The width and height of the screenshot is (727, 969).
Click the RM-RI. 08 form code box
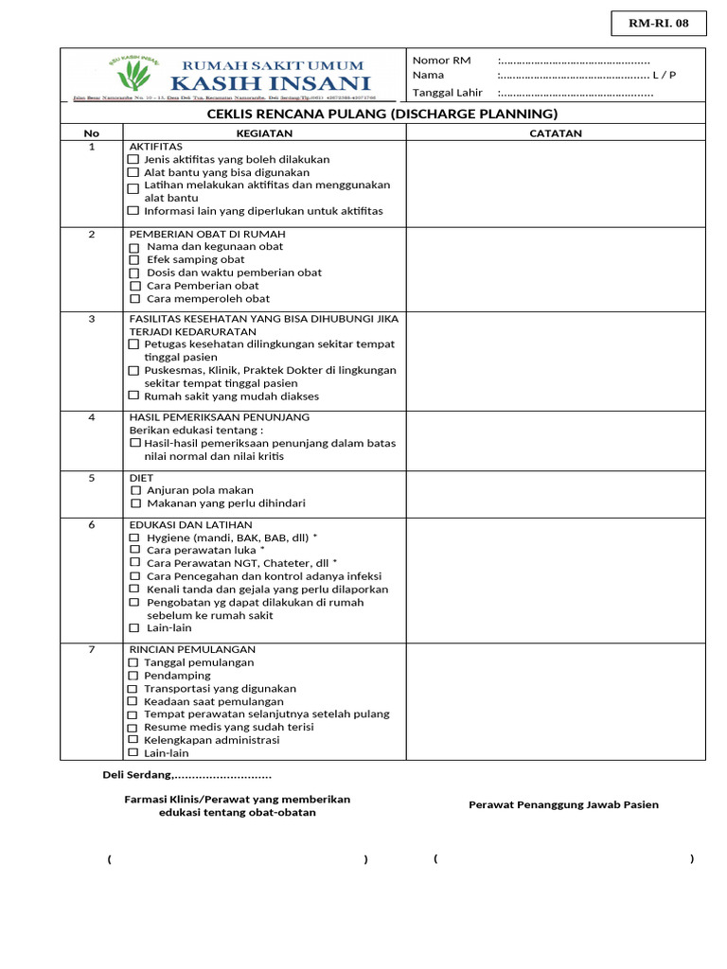[659, 23]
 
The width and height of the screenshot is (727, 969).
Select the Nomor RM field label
[441, 61]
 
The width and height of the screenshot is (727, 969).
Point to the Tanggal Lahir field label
[447, 93]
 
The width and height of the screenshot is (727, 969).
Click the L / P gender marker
[665, 76]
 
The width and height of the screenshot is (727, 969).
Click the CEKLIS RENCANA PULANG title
[382, 115]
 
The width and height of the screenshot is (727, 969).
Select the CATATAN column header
[556, 133]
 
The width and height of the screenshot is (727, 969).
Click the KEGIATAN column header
[264, 133]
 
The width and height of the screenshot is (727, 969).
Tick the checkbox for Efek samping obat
[134, 260]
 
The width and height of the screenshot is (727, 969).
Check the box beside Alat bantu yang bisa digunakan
[133, 173]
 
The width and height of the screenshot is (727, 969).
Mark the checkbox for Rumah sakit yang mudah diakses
[133, 396]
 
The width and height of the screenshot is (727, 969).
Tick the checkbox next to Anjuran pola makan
[134, 491]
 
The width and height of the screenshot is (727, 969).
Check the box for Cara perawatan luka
[134, 550]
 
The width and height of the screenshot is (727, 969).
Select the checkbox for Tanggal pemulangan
[133, 663]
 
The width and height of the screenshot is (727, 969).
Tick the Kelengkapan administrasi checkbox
[133, 740]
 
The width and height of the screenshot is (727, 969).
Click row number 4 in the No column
[92, 417]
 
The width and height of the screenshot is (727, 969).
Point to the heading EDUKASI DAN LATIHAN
[190, 524]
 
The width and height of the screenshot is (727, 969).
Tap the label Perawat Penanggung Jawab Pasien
[563, 805]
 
